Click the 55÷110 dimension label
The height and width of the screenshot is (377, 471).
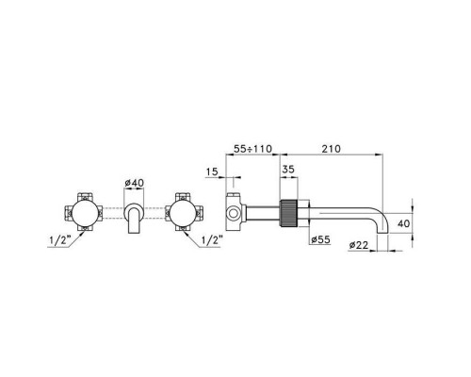[x=253, y=149]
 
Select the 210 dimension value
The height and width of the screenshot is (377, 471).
[x=331, y=149]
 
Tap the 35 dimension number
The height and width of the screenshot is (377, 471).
[x=288, y=170]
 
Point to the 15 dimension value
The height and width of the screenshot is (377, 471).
[x=212, y=172]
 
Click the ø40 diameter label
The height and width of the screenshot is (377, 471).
[x=135, y=183]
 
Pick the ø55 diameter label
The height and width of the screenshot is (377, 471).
[x=321, y=240]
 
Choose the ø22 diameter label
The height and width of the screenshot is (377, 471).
[x=358, y=245]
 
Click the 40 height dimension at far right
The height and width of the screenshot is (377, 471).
[x=404, y=223]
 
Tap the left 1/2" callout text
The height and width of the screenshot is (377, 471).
[x=59, y=240]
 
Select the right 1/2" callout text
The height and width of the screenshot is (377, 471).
[x=212, y=240]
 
